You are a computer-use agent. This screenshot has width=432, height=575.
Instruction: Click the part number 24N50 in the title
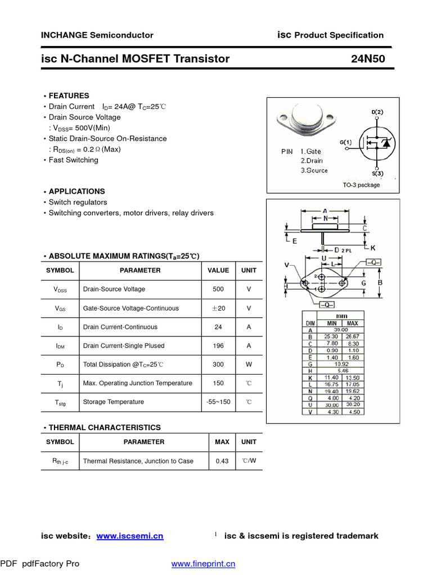pos(368,59)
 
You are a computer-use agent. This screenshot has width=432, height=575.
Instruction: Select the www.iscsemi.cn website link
pos(130,536)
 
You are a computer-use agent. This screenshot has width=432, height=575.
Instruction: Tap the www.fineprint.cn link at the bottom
pos(203,564)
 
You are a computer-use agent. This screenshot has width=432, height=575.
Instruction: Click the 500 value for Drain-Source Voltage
pos(218,289)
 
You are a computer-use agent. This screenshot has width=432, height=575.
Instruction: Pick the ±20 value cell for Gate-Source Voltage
pos(218,308)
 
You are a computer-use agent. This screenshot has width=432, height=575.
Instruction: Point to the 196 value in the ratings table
pos(218,346)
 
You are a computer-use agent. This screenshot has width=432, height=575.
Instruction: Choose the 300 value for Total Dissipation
pos(218,364)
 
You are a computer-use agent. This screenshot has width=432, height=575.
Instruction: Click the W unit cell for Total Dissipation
pos(249,364)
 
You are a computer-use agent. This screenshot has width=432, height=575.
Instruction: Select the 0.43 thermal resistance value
pos(222,461)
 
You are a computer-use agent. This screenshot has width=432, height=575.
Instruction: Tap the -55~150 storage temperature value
pos(218,402)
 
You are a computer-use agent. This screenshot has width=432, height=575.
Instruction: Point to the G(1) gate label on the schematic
pos(345,143)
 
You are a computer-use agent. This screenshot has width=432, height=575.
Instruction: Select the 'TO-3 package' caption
pos(361,185)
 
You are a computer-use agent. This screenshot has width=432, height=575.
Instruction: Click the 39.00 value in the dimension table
pos(341,330)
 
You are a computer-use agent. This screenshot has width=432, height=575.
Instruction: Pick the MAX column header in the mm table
pos(353,323)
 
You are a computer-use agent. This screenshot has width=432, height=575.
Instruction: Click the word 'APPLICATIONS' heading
pos(76,191)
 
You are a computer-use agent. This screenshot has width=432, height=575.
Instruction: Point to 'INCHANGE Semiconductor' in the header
pos(97,35)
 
